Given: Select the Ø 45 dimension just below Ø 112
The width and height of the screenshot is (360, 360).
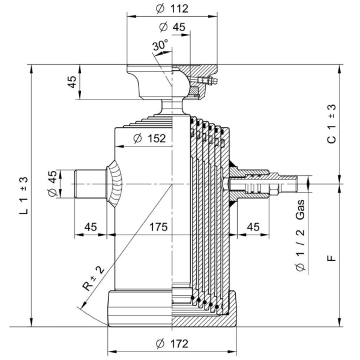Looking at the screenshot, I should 172,27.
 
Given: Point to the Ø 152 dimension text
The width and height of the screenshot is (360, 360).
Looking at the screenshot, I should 148,139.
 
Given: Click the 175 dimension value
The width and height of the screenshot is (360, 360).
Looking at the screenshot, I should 157,227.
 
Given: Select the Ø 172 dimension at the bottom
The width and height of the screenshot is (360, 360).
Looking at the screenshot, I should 172,344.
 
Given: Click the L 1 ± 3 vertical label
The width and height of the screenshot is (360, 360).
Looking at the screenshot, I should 23,196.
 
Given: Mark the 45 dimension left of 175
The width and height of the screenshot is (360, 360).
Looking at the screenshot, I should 91,227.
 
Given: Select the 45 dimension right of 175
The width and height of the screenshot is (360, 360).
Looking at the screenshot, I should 253,227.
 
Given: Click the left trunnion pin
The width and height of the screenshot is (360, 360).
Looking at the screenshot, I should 90,184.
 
